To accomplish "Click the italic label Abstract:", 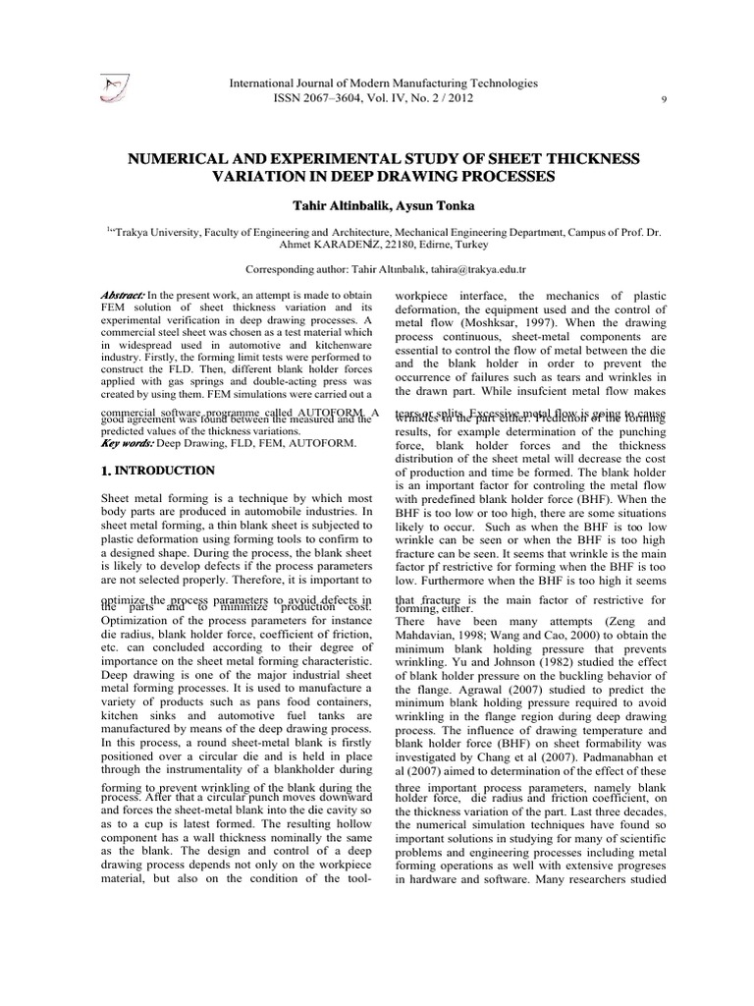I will (x=123, y=296).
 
